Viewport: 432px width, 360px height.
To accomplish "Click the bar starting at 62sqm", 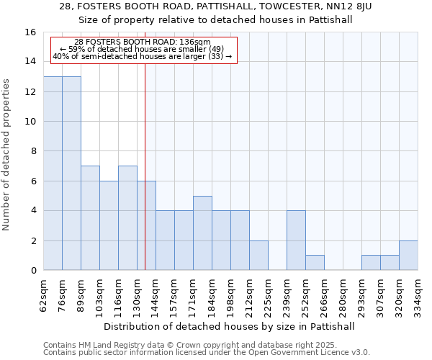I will click(53, 174).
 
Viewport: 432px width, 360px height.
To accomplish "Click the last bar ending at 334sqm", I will click(408, 256).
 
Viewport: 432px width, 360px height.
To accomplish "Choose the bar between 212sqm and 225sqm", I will click(258, 256).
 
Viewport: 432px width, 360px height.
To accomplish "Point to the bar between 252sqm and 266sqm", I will click(315, 263).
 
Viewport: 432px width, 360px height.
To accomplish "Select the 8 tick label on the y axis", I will click(33, 151).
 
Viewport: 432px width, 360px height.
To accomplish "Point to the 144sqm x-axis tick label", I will click(156, 294).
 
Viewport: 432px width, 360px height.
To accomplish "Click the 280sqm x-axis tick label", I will click(343, 294).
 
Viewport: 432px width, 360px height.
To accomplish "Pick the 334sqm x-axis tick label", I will click(418, 294).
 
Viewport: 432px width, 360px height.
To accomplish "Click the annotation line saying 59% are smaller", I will click(143, 49).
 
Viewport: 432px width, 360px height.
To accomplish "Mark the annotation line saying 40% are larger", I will click(143, 55).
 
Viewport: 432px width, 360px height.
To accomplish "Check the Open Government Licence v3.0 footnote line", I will click(207, 353).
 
